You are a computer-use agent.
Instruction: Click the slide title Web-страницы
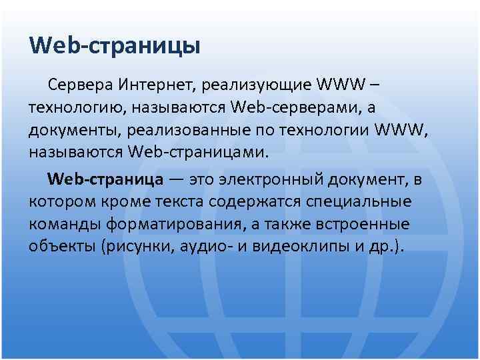click(115, 46)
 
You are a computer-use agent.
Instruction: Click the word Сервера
click(80, 85)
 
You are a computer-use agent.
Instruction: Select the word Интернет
click(157, 85)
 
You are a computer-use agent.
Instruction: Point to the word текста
click(177, 201)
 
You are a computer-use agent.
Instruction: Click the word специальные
click(361, 201)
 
